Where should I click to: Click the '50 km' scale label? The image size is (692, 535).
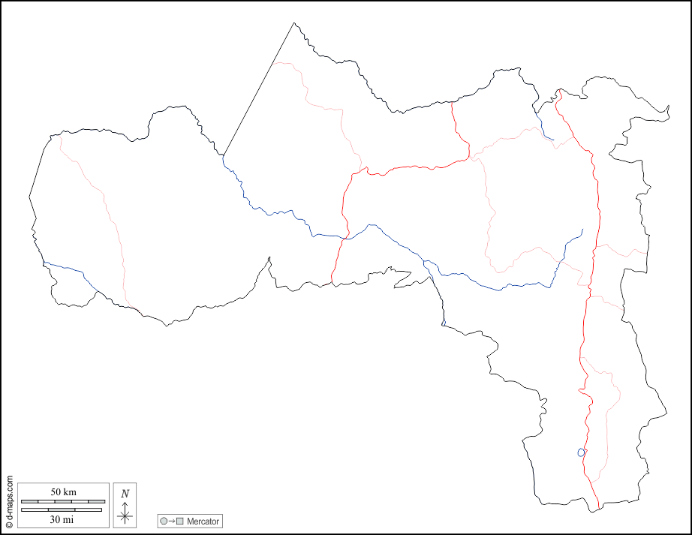[x=63, y=491]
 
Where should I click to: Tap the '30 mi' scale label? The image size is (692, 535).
[x=63, y=519]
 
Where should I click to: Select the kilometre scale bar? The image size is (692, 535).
[x=63, y=500]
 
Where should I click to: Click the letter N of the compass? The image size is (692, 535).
[x=125, y=494]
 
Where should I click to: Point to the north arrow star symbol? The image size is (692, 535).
[x=125, y=515]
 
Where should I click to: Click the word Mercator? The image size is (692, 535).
[x=203, y=521]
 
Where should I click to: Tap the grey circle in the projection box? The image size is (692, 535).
[x=164, y=521]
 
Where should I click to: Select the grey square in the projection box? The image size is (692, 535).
[x=180, y=521]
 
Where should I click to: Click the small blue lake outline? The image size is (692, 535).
[x=580, y=452]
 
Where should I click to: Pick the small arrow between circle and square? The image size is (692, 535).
[x=172, y=521]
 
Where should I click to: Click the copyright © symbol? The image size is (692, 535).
[x=9, y=525]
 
